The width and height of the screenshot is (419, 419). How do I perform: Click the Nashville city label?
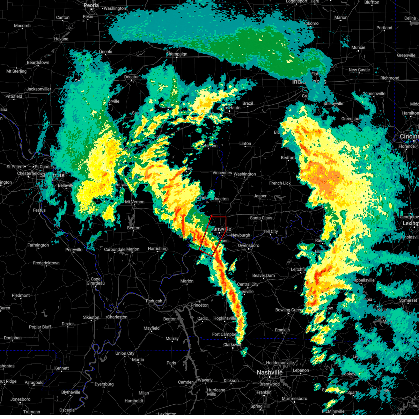pyautogui.click(x=270, y=373)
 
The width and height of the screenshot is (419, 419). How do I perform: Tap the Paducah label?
pyautogui.click(x=154, y=301)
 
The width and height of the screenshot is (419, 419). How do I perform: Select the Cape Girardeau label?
pyautogui.click(x=96, y=281)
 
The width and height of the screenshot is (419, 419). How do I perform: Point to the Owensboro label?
pyautogui.click(x=249, y=245)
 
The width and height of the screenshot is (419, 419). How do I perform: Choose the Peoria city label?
pyautogui.click(x=91, y=5)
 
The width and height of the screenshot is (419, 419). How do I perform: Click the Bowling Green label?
pyautogui.click(x=288, y=310)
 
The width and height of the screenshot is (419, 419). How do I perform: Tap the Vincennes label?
pyautogui.click(x=222, y=173)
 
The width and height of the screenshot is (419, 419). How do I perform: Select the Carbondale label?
pyautogui.click(x=115, y=249)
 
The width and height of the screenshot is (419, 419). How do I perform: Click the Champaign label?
pyautogui.click(x=177, y=54)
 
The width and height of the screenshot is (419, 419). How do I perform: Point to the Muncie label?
pyautogui.click(x=358, y=47)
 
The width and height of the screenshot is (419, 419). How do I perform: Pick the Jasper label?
pyautogui.click(x=260, y=196)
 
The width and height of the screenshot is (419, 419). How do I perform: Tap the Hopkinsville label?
pyautogui.click(x=225, y=318)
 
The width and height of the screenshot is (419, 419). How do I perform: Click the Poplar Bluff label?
pyautogui.click(x=40, y=327)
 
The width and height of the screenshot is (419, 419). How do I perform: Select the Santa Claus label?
pyautogui.click(x=261, y=218)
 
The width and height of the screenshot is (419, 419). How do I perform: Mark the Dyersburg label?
pyautogui.click(x=104, y=384)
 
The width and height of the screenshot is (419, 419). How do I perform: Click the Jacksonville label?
pyautogui.click(x=38, y=89)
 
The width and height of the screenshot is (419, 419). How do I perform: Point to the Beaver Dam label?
pyautogui.click(x=263, y=275)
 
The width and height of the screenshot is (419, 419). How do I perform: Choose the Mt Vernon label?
pyautogui.click(x=135, y=202)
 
